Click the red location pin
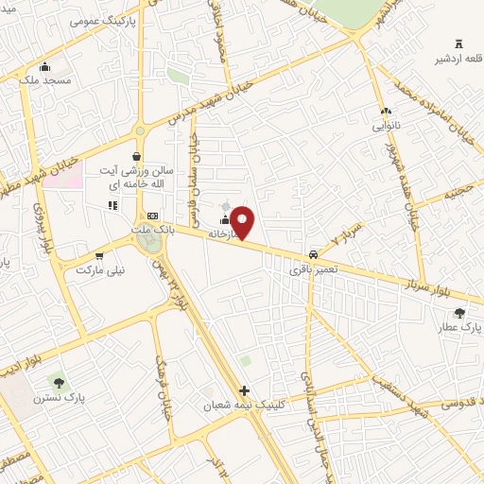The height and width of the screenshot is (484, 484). point(243,222)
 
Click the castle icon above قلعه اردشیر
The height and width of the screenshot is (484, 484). point(459,43)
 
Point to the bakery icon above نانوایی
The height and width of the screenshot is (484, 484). point(386,111)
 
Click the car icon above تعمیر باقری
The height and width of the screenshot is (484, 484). point(312,255)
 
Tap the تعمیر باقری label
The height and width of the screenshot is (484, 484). point(311,269)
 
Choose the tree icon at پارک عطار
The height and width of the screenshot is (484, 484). point(459,313)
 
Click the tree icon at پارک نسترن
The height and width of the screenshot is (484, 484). point(60,383)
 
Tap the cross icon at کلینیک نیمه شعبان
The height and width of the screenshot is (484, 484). point(244,390)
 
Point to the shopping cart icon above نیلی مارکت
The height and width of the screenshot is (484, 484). point(98,256)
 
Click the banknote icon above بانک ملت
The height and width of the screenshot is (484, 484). point(152,216)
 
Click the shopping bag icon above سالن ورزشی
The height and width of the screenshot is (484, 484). point(137,157)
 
